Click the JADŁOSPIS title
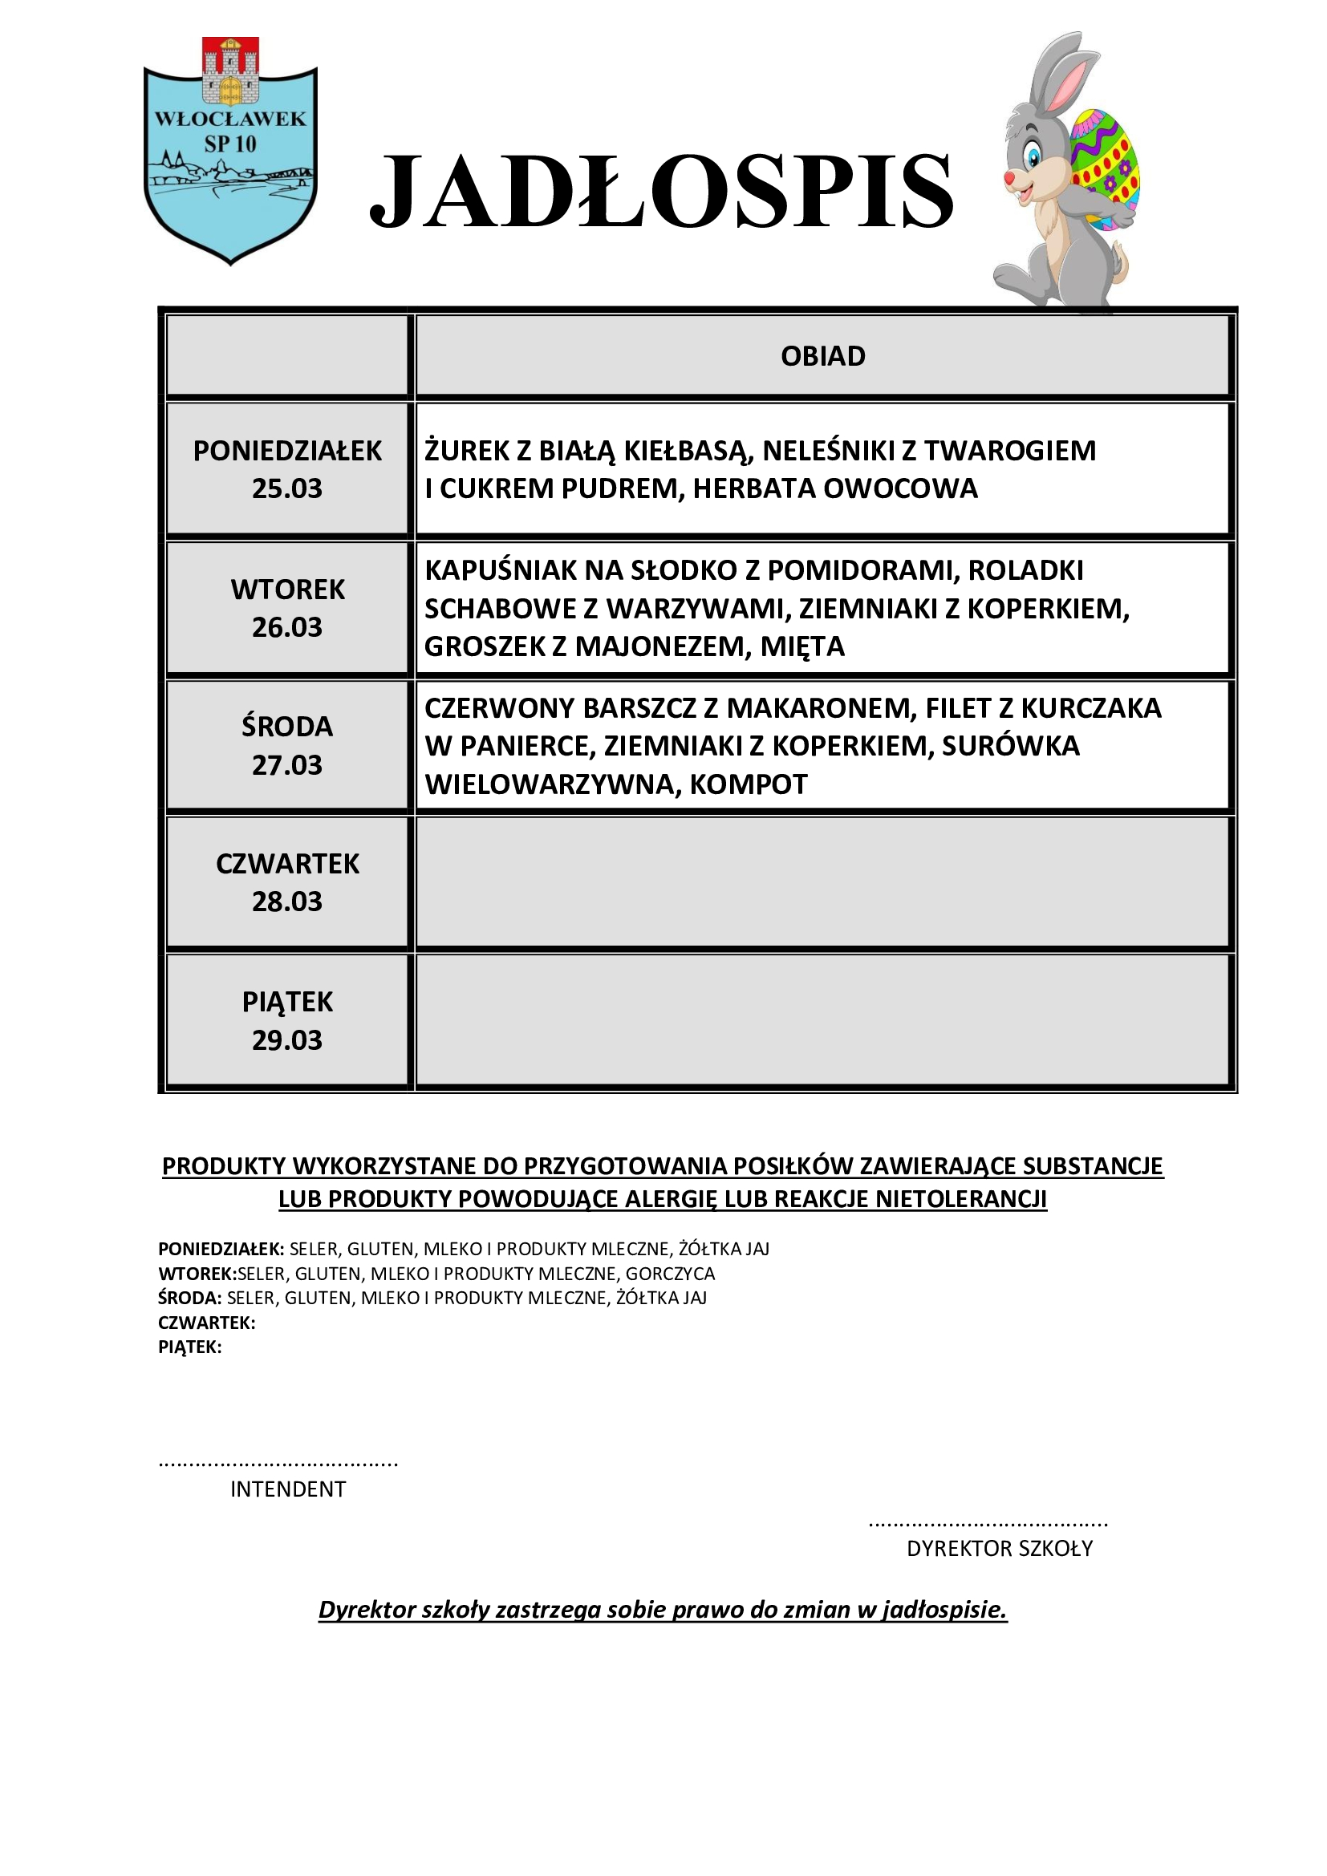pyautogui.click(x=662, y=191)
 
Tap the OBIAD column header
pyautogui.click(x=822, y=356)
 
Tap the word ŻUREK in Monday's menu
pyautogui.click(x=467, y=450)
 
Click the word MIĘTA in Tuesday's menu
pyautogui.click(x=802, y=646)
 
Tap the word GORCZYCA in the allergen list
pyautogui.click(x=670, y=1274)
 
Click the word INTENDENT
pyautogui.click(x=288, y=1489)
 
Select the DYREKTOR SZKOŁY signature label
pyautogui.click(x=1000, y=1548)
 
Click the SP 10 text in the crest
pyautogui.click(x=230, y=144)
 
